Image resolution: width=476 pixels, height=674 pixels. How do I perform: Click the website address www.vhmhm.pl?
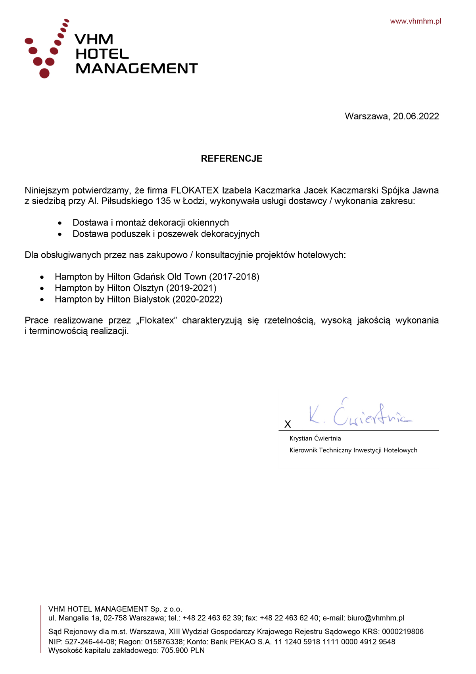click(415, 21)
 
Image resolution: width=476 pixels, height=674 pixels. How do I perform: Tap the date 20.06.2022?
click(416, 116)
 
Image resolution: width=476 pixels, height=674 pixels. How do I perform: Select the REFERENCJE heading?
click(232, 159)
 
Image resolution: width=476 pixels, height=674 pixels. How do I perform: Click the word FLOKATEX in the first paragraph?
click(195, 190)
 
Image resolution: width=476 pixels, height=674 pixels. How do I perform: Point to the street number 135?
click(163, 201)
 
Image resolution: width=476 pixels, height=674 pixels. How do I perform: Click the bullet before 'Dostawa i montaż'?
click(60, 223)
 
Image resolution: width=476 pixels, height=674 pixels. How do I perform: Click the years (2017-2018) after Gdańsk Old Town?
click(234, 277)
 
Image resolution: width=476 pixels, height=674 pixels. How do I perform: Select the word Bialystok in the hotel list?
click(152, 299)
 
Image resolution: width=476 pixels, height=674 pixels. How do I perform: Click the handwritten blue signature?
click(359, 414)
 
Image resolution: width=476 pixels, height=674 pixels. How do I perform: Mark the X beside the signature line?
click(288, 424)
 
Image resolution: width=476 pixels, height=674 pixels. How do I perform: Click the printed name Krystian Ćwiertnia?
click(315, 438)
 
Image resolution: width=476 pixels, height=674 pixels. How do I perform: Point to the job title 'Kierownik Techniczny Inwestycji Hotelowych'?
click(353, 450)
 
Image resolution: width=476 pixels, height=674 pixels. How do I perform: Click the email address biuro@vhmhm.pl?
click(376, 618)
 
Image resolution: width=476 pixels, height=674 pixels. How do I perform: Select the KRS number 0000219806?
click(403, 632)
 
